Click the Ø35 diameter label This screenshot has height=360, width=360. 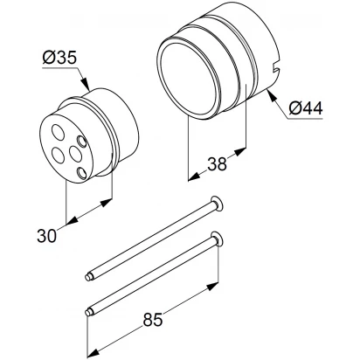tap(59, 58)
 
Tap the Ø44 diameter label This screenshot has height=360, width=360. tap(306, 108)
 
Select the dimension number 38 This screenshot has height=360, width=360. tap(217, 163)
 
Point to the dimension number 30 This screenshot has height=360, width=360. tap(46, 236)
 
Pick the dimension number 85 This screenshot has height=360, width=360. tap(153, 320)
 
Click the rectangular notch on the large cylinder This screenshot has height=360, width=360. tap(275, 69)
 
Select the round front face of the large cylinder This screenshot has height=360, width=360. tap(189, 80)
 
